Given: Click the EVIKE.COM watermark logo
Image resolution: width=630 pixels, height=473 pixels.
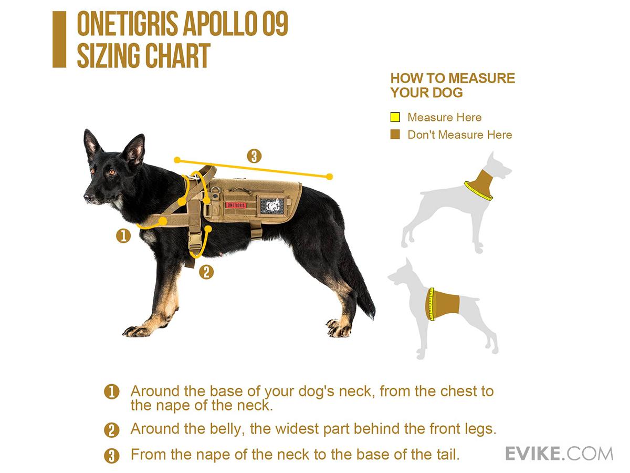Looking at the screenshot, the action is pyautogui.click(x=559, y=454).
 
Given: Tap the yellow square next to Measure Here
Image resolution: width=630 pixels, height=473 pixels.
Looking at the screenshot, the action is pyautogui.click(x=395, y=117).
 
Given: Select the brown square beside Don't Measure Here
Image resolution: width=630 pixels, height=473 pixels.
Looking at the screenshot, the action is pyautogui.click(x=395, y=134).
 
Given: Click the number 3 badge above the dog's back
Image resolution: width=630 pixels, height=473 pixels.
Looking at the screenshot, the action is pyautogui.click(x=254, y=156).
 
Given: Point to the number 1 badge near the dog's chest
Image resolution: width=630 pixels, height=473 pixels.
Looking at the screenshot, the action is pyautogui.click(x=123, y=236).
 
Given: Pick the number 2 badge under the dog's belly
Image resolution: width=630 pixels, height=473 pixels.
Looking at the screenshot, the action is pyautogui.click(x=206, y=272).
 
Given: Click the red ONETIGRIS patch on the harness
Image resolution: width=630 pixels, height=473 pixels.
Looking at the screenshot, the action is pyautogui.click(x=236, y=205).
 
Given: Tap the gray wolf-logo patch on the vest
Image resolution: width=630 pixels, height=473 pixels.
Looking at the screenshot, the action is pyautogui.click(x=272, y=205).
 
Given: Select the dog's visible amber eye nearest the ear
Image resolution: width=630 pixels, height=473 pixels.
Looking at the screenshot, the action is pyautogui.click(x=112, y=172).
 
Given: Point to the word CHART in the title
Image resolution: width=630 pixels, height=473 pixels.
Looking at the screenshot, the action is pyautogui.click(x=177, y=56).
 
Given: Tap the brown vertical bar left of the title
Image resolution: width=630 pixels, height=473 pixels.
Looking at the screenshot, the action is pyautogui.click(x=59, y=39).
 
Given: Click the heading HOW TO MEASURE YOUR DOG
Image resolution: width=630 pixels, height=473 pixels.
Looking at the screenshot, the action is pyautogui.click(x=453, y=85).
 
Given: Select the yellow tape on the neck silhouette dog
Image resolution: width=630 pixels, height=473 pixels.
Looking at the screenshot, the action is pyautogui.click(x=478, y=191).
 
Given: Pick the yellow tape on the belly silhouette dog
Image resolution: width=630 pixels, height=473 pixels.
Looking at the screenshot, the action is pyautogui.click(x=430, y=304).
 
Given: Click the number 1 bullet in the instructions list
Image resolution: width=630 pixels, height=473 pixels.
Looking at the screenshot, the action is pyautogui.click(x=112, y=392).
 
